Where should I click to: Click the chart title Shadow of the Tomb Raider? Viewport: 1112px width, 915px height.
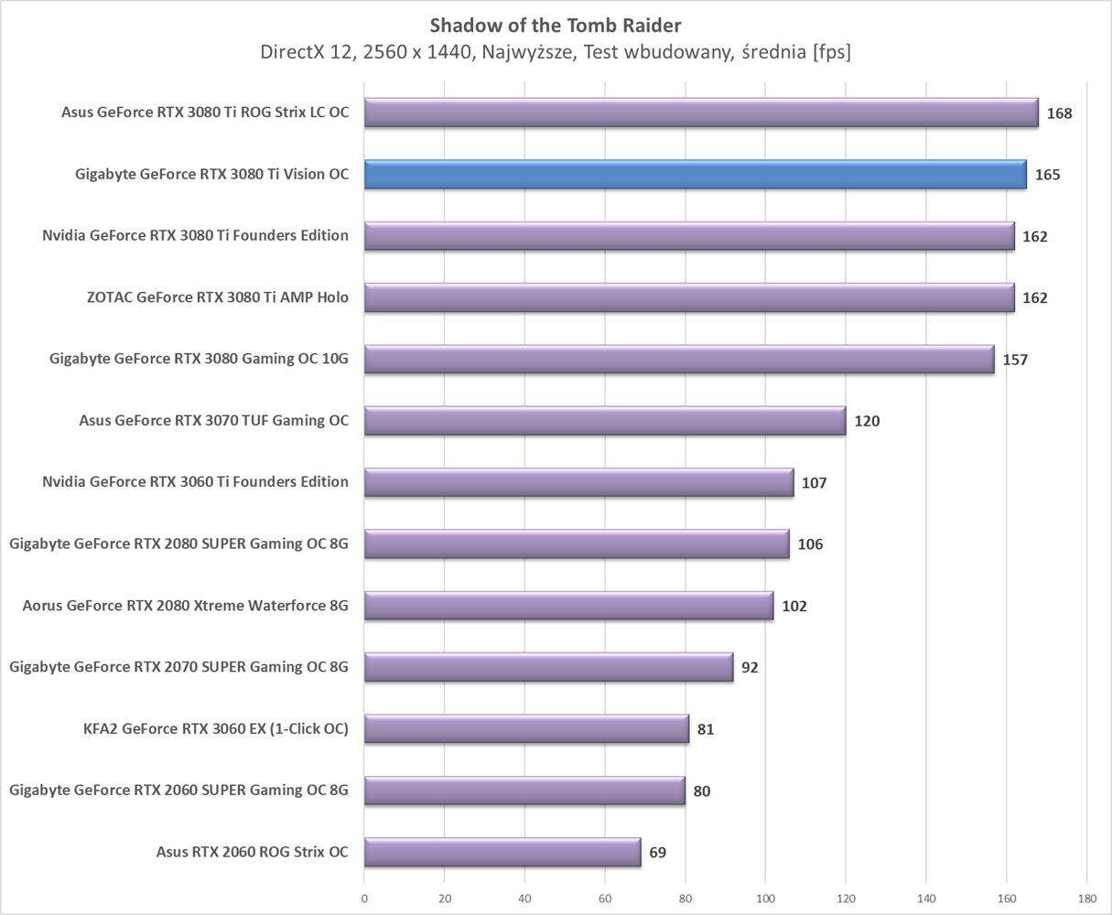point(555,25)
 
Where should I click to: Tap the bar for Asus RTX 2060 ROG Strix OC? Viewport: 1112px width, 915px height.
point(502,852)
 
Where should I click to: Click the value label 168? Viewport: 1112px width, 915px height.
point(1060,113)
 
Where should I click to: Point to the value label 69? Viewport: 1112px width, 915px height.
point(657,853)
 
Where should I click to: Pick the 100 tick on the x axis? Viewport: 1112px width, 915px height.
point(765,899)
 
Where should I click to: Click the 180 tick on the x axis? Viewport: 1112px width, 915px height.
point(1086,899)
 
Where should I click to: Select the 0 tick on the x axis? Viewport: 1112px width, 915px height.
point(364,899)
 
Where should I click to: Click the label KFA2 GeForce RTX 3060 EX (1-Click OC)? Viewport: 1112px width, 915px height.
point(215,729)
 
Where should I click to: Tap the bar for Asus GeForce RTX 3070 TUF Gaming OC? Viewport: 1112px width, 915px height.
point(604,421)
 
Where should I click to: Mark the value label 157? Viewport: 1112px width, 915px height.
point(1015,360)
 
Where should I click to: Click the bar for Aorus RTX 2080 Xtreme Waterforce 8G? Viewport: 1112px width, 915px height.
point(568,606)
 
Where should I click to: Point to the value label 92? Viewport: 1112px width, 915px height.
point(750,668)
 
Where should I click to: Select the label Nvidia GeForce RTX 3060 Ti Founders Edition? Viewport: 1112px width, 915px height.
point(195,481)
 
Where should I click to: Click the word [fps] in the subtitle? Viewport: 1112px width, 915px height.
point(829,52)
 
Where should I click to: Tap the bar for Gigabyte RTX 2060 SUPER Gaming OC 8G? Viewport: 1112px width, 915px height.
point(524,791)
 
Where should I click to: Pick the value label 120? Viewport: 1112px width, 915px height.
point(867,422)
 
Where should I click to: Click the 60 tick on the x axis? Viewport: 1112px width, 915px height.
point(605,899)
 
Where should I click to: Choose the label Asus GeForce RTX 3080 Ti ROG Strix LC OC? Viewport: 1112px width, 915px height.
point(205,113)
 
